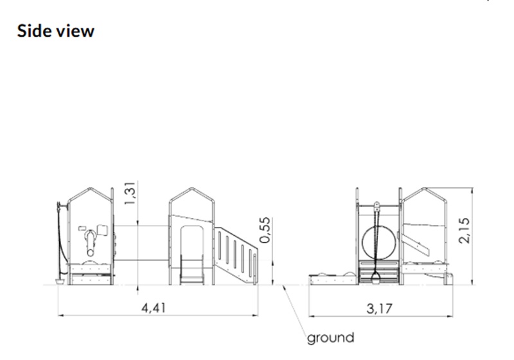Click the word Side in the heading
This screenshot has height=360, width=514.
(x=35, y=31)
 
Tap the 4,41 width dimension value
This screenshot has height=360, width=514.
(x=154, y=308)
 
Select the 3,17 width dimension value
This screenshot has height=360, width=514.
(x=379, y=309)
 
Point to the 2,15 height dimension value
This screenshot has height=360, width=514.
(x=465, y=230)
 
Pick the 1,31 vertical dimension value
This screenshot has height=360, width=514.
(x=130, y=193)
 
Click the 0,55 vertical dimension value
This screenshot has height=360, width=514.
(x=265, y=230)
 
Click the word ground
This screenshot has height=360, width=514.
(x=331, y=338)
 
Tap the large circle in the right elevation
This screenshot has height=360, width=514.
(x=362, y=242)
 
